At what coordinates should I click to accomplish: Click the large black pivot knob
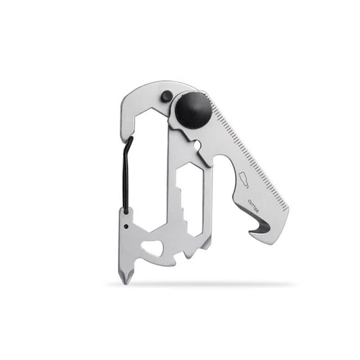[x=193, y=109]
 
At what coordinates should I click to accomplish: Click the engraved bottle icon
[x=245, y=179]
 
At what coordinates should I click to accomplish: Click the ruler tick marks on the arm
[x=250, y=150]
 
